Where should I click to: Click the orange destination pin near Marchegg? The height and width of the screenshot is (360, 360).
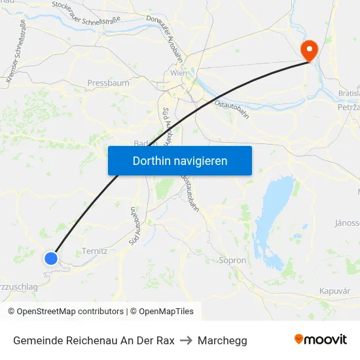(308, 50)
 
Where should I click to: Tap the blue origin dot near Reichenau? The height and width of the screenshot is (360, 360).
(51, 259)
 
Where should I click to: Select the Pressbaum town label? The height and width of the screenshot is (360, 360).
(108, 83)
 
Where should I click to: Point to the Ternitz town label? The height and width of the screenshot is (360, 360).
(94, 251)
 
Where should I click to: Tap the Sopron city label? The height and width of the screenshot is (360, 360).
(232, 261)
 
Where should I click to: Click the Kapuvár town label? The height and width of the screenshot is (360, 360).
(334, 291)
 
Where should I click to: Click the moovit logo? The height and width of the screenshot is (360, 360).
(320, 340)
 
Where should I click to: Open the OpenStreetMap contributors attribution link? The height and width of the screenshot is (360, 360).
(65, 312)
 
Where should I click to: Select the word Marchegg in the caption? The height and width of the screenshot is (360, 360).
(223, 340)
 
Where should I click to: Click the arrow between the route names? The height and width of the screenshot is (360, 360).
(186, 340)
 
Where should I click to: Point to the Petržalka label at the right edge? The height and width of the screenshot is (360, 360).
(348, 106)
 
